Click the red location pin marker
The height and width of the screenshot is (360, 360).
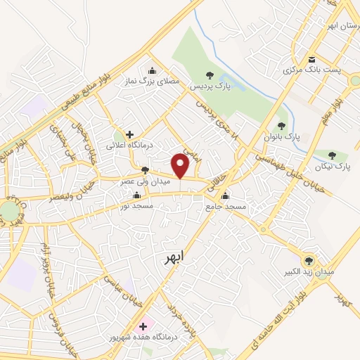(x=181, y=166)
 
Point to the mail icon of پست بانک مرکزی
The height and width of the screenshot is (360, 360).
(x=311, y=58)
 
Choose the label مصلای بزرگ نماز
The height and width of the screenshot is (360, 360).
(x=153, y=82)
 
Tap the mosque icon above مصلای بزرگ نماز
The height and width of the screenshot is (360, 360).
(x=153, y=70)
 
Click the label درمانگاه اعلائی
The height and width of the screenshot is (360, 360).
(x=129, y=145)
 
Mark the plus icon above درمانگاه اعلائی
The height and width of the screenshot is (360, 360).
(x=129, y=134)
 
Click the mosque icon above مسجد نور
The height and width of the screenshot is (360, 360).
(x=136, y=195)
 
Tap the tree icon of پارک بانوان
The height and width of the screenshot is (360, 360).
(x=281, y=125)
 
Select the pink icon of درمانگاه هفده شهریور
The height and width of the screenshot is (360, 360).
(x=143, y=326)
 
